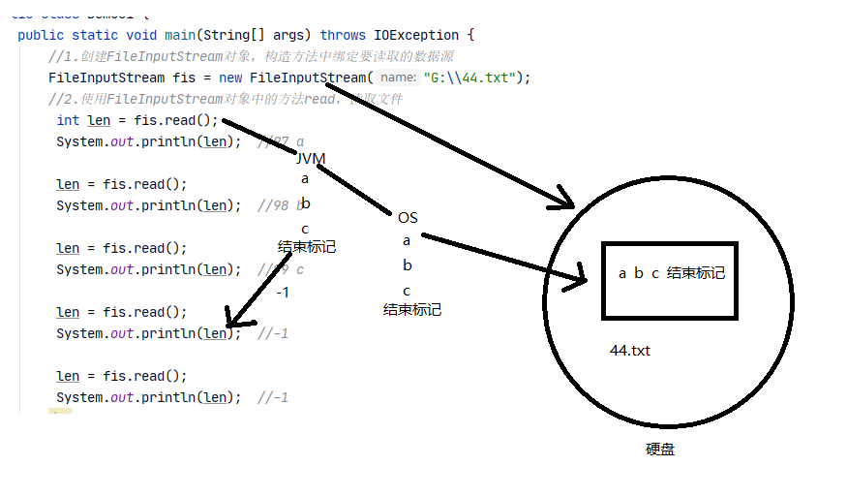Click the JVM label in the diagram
[311, 158]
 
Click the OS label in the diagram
[408, 217]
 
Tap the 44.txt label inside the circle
[629, 351]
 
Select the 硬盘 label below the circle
[660, 450]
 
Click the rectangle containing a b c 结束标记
[670, 280]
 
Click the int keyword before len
[68, 120]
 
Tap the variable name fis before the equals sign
[182, 78]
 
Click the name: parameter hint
[398, 78]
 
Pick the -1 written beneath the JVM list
[282, 292]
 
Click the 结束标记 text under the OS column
[412, 310]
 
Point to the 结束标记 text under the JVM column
[307, 246]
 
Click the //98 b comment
[282, 205]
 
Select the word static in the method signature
[95, 35]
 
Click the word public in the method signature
[41, 35]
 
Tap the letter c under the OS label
[407, 291]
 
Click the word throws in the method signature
[344, 35]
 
